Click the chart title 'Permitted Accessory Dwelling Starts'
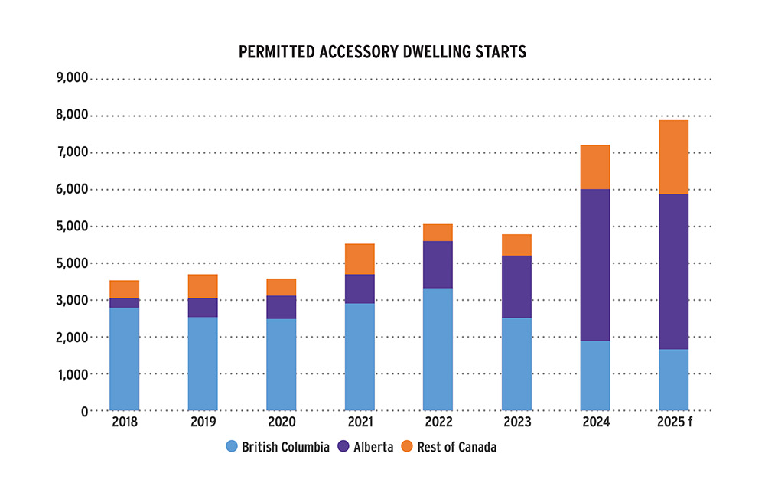[382, 52]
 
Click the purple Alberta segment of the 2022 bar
[438, 264]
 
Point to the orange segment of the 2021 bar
[360, 259]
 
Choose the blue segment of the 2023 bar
[516, 364]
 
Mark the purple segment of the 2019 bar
[203, 307]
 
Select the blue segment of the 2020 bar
[282, 364]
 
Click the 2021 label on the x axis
[360, 422]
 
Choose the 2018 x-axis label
[125, 422]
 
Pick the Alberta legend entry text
[372, 447]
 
